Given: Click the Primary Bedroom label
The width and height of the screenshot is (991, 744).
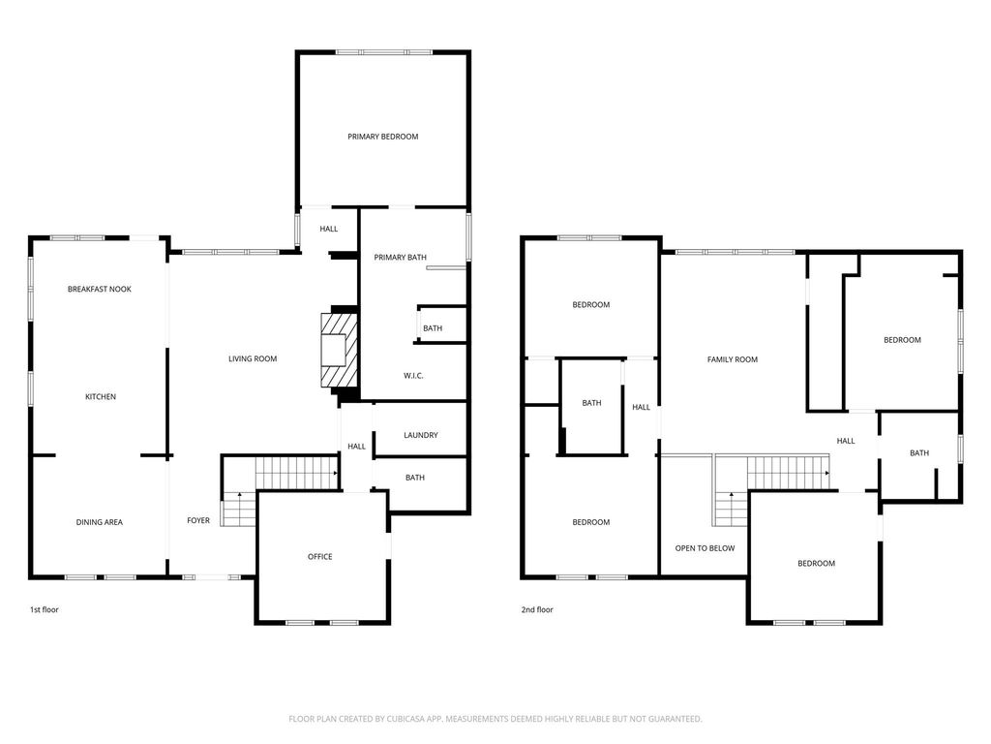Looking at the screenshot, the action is [x=382, y=137].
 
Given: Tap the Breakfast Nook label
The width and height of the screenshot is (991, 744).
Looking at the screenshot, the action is [x=100, y=289].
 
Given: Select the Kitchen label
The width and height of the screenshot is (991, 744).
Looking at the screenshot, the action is [x=101, y=396].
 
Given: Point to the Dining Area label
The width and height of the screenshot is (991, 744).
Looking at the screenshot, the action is [x=100, y=522].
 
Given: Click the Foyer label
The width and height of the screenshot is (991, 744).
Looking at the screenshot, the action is [x=197, y=520].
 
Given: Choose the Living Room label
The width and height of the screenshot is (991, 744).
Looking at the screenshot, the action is [x=253, y=358].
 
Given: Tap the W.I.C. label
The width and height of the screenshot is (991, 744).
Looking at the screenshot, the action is [x=413, y=376].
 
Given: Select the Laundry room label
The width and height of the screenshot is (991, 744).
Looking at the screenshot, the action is [x=420, y=435].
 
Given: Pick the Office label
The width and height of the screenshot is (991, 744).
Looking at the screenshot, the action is [x=319, y=557].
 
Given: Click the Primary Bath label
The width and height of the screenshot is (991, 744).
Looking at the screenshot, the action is [x=400, y=257].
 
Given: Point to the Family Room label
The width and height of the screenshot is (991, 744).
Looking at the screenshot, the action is [x=732, y=359].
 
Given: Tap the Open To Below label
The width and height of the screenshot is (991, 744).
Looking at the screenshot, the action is [x=705, y=548].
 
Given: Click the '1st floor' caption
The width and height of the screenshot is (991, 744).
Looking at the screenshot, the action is [x=45, y=610].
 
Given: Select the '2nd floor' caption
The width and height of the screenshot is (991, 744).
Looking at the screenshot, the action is [x=537, y=610].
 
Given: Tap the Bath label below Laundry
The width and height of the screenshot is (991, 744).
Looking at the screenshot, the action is [x=414, y=478].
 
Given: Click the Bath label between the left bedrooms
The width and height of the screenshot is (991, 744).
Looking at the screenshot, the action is [x=591, y=403].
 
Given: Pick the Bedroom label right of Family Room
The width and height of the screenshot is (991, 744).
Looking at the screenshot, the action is [x=902, y=340].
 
